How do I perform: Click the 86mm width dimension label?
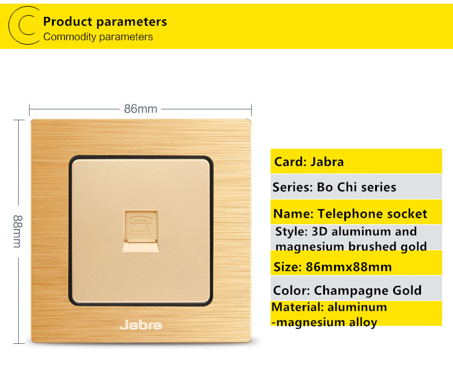(141, 109)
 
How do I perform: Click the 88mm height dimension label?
(18, 231)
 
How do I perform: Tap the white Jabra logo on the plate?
(141, 325)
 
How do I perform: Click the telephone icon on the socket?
(141, 226)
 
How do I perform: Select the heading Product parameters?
(105, 22)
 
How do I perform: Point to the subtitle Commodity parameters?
(98, 37)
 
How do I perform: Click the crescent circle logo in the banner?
(24, 25)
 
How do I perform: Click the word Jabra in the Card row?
(327, 162)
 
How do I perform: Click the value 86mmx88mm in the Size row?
(349, 267)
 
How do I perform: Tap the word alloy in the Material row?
(363, 322)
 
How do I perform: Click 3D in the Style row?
(320, 231)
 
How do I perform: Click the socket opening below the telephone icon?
(141, 247)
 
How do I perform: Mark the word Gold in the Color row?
(406, 291)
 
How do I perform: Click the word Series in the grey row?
(293, 187)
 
